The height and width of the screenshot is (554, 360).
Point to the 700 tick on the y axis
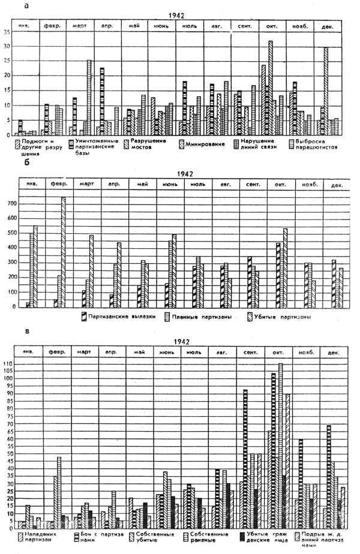9,204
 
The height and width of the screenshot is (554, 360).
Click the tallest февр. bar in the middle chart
63,252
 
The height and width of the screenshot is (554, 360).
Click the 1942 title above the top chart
177,17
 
